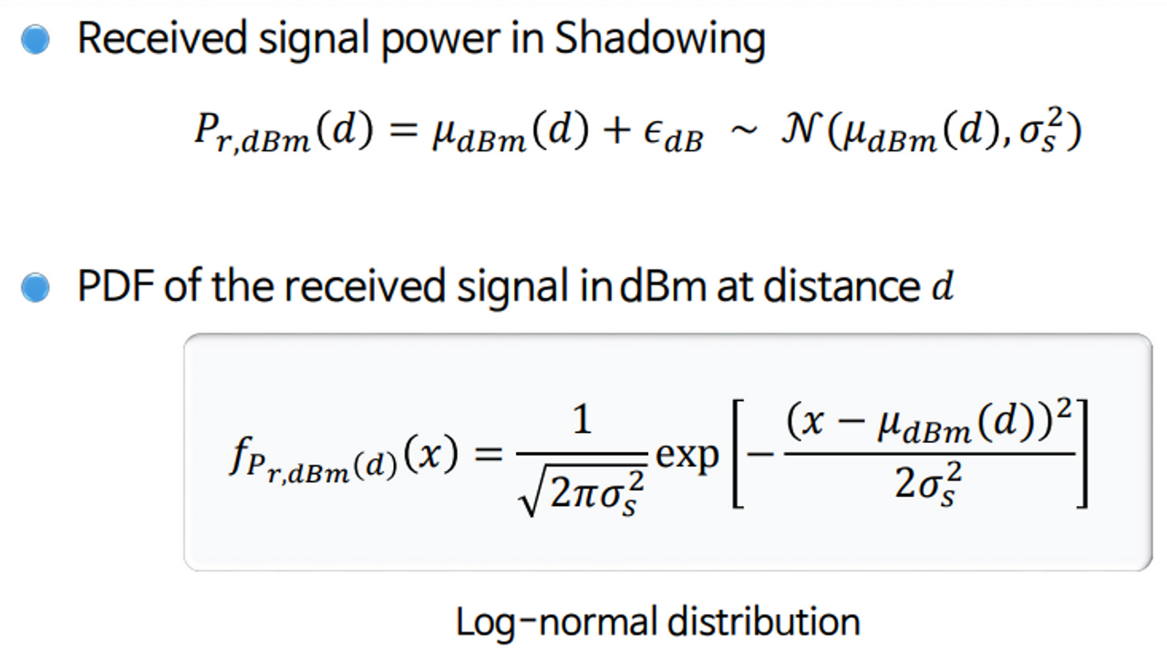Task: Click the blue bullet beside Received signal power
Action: coord(36,39)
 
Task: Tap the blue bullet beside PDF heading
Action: coord(36,288)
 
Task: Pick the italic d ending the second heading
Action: coord(942,288)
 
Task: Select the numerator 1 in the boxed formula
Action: coord(581,421)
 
